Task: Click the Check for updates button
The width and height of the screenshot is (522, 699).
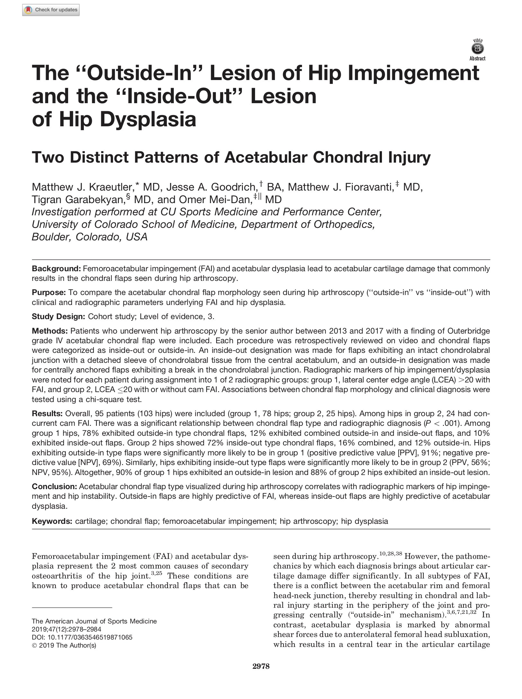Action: point(51,10)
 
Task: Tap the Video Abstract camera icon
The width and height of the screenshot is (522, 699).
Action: point(477,49)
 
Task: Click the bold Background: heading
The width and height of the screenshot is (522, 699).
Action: point(56,269)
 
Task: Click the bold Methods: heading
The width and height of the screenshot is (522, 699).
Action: point(50,331)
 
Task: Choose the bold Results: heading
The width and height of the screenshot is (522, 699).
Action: point(47,413)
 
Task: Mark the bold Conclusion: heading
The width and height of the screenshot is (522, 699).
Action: point(54,487)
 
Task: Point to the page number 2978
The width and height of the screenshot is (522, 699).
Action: point(261,666)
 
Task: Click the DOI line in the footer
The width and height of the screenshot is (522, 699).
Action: point(82,637)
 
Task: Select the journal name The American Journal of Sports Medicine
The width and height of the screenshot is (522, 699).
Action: point(94,621)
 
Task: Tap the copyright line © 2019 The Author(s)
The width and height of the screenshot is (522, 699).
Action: point(64,645)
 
